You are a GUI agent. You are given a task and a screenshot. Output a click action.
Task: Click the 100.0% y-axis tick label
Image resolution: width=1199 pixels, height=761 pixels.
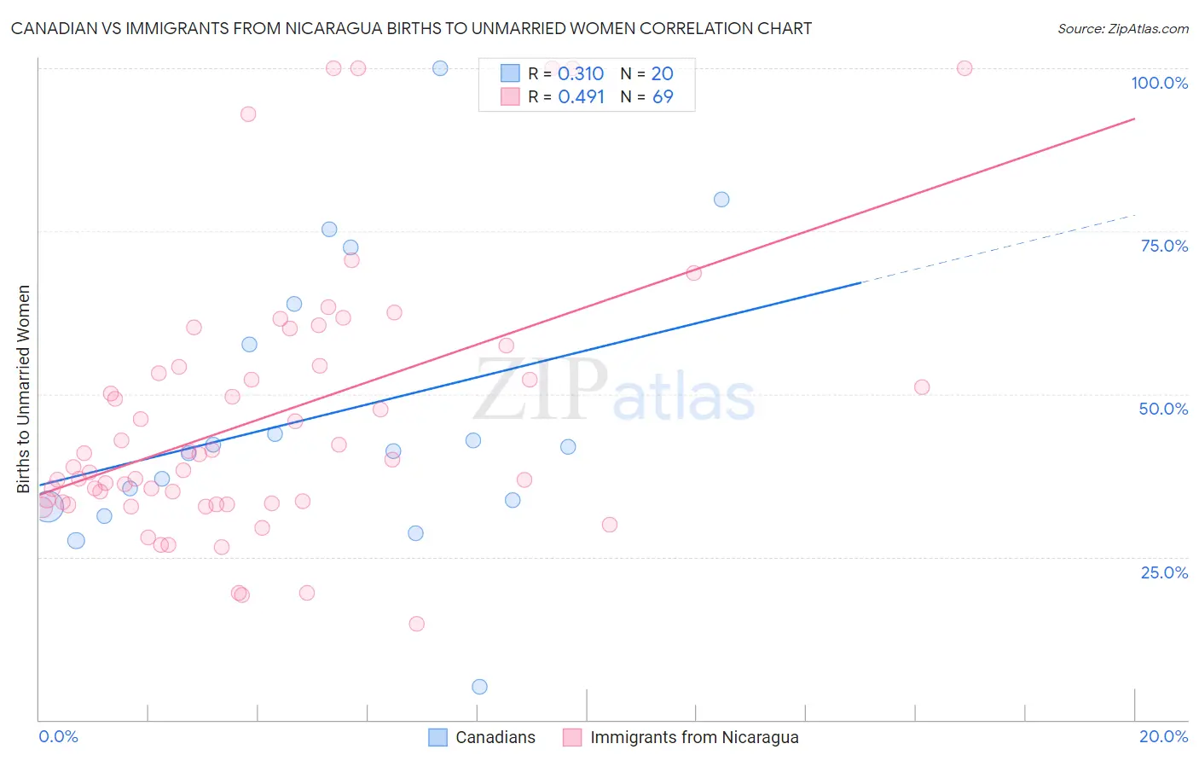pyautogui.click(x=1159, y=83)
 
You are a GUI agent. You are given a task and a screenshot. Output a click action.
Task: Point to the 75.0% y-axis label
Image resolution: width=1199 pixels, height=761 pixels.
pyautogui.click(x=1164, y=246)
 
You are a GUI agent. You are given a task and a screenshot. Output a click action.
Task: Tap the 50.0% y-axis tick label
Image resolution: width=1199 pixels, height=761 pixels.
pyautogui.click(x=1163, y=409)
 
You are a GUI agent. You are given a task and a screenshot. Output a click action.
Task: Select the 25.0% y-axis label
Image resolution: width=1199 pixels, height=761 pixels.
pyautogui.click(x=1164, y=572)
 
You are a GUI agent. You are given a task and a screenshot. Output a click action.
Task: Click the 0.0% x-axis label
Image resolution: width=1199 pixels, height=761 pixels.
pyautogui.click(x=58, y=736)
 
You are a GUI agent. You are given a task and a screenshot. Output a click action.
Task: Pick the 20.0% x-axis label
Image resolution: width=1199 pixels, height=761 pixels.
pyautogui.click(x=1163, y=736)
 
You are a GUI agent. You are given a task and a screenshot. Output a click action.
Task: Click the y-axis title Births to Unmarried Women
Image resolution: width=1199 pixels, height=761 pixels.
pyautogui.click(x=23, y=389)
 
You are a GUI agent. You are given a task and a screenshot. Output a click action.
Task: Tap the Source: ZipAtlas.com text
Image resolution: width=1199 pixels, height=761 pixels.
pyautogui.click(x=1122, y=28)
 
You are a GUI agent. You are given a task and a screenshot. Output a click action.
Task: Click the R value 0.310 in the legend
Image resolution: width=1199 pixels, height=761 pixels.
pyautogui.click(x=580, y=74)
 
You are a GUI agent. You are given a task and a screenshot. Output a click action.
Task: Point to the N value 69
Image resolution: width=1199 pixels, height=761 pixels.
pyautogui.click(x=663, y=96)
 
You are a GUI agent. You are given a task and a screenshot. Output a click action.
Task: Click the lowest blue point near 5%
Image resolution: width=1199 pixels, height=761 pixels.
pyautogui.click(x=479, y=687)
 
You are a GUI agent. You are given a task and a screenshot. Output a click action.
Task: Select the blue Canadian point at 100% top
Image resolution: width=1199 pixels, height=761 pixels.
pyautogui.click(x=440, y=68)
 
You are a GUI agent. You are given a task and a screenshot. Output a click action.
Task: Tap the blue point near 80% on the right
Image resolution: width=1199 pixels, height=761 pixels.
pyautogui.click(x=721, y=200)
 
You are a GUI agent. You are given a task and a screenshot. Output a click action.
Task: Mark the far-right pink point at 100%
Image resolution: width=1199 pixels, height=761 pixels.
pyautogui.click(x=964, y=68)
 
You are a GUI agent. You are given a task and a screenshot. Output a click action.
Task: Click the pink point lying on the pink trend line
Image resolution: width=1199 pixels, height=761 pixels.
pyautogui.click(x=693, y=273)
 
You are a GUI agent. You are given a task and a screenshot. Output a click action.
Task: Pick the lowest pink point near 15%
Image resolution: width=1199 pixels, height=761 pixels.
pyautogui.click(x=416, y=624)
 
